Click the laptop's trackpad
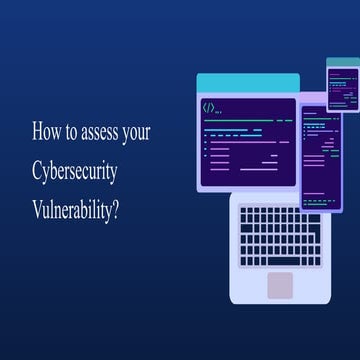point(280,284)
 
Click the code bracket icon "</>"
point(209,107)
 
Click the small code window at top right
point(342,84)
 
